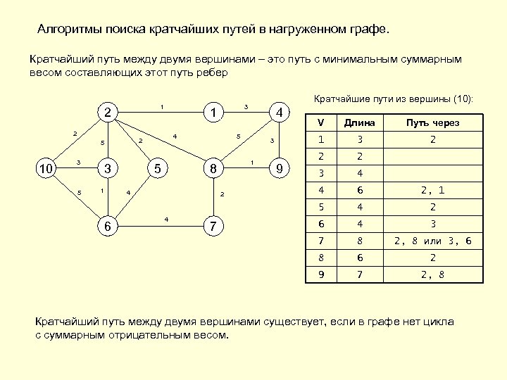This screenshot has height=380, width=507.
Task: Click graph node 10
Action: [x=46, y=169]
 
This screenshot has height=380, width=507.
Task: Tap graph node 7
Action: [x=213, y=226]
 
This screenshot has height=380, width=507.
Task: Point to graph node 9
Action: [x=280, y=169]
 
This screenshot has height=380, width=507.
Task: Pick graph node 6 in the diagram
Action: [x=106, y=226]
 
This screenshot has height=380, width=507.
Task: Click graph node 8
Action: [x=213, y=169]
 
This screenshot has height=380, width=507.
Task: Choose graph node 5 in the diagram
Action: [x=159, y=169]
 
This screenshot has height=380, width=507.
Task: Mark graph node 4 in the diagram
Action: [x=280, y=113]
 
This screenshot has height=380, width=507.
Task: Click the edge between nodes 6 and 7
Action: [x=160, y=226]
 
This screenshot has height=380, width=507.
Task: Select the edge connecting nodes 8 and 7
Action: [x=213, y=198]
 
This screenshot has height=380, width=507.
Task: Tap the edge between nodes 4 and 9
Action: [x=280, y=141]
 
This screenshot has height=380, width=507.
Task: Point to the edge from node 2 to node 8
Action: [x=160, y=141]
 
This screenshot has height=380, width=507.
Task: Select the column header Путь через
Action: [x=433, y=122]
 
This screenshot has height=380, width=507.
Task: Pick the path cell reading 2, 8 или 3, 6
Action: [x=433, y=242]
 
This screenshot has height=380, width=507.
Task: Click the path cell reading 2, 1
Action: [x=433, y=190]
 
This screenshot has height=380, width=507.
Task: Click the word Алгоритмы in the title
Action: [x=69, y=31]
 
